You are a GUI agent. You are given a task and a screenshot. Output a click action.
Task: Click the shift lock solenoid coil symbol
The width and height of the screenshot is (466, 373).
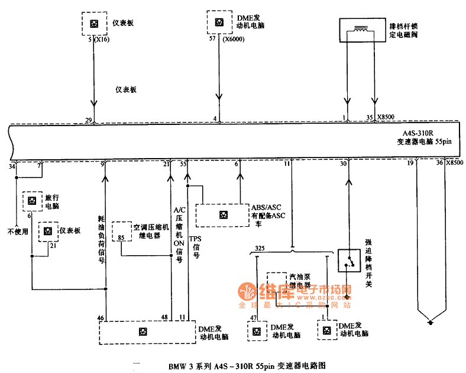(359, 29)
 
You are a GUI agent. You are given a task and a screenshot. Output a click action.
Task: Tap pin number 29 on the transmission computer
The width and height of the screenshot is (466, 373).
(88, 120)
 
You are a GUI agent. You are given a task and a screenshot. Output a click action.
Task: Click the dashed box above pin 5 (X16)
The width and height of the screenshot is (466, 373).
(93, 23)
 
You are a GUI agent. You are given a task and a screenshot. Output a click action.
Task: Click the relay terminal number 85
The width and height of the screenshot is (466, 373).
(121, 237)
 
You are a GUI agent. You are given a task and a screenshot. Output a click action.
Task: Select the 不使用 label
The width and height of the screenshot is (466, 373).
(18, 231)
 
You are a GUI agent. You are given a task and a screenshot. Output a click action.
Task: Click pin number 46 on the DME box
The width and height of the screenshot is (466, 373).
(101, 319)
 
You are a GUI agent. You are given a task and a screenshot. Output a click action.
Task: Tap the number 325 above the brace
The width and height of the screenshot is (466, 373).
(260, 247)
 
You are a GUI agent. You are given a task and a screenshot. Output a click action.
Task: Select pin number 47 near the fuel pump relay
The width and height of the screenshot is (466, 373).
(254, 319)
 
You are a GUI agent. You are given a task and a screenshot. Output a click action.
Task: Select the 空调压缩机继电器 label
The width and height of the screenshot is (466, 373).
(151, 231)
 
